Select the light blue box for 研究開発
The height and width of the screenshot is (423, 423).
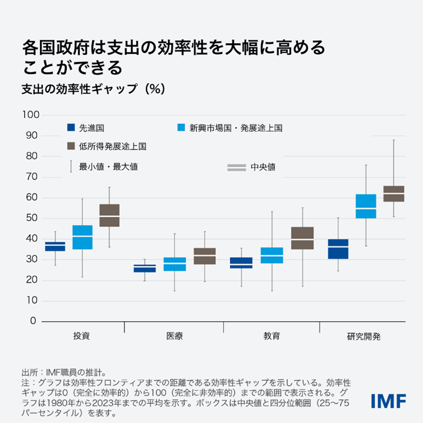pyautogui.click(x=366, y=206)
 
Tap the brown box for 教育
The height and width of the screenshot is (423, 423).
pyautogui.click(x=302, y=238)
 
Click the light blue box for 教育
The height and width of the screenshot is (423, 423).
pyautogui.click(x=272, y=255)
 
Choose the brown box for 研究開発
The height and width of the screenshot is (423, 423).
pyautogui.click(x=393, y=194)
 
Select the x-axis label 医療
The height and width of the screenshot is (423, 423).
pyautogui.click(x=175, y=336)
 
